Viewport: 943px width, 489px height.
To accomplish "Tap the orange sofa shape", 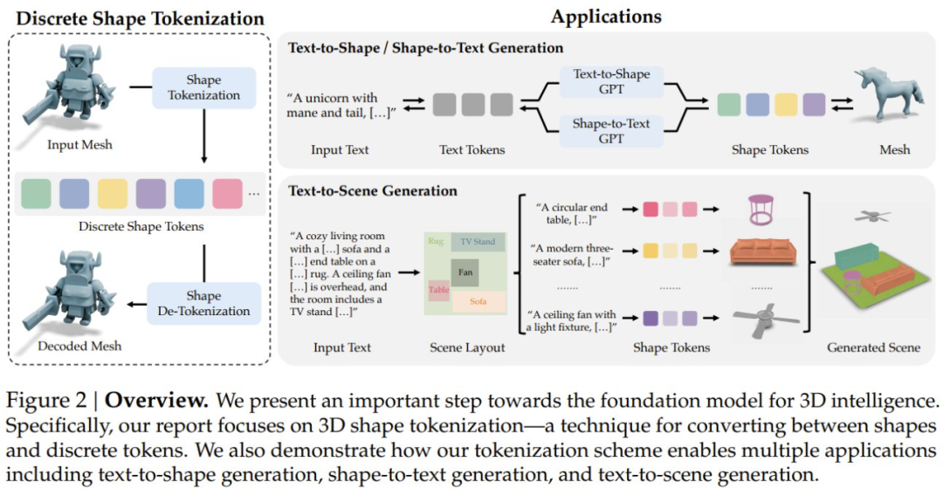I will pos(761,251).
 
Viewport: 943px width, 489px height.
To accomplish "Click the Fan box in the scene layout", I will pos(465,272).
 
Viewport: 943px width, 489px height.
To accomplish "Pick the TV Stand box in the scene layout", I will pos(478,241).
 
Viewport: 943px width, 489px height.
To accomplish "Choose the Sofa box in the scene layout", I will pos(478,302).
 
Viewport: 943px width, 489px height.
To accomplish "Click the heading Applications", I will pos(606,17).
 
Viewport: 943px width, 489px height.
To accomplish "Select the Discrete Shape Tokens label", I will pos(141,227).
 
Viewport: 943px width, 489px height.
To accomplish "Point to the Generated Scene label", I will pos(873,348).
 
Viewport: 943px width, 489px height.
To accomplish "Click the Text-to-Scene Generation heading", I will pos(373,190).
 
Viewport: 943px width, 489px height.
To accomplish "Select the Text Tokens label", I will pos(472,149).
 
